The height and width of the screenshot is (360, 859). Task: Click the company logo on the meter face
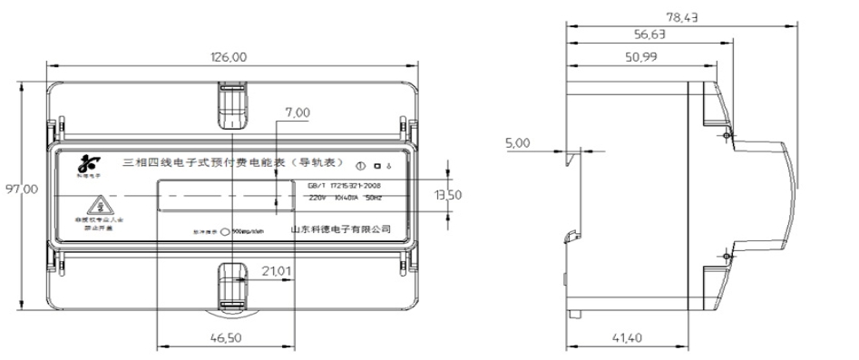click(x=88, y=165)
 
